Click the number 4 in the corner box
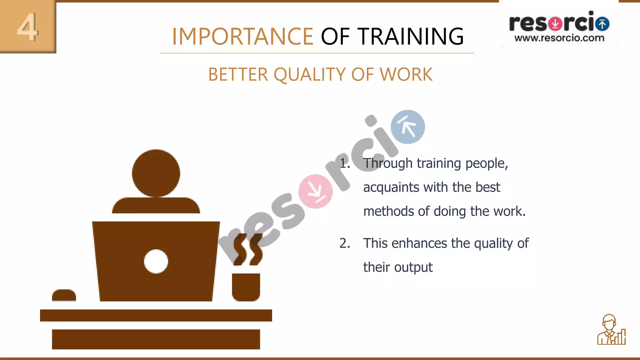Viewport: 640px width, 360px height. [28, 27]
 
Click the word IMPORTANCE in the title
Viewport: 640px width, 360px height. [242, 37]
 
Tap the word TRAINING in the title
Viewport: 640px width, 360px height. [410, 37]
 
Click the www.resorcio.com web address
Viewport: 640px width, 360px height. [559, 38]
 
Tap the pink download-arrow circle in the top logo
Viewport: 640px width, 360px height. [555, 24]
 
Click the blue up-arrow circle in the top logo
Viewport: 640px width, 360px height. [602, 24]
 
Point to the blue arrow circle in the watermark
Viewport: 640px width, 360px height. [408, 127]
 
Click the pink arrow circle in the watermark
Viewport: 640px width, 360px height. [316, 191]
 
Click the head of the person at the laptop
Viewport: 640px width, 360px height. [156, 173]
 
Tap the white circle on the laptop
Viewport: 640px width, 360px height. [156, 261]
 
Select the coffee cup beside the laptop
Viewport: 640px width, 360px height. [246, 287]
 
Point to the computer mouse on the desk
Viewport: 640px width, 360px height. [64, 295]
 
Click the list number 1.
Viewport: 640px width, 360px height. [344, 163]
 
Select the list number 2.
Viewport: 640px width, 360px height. [344, 243]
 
